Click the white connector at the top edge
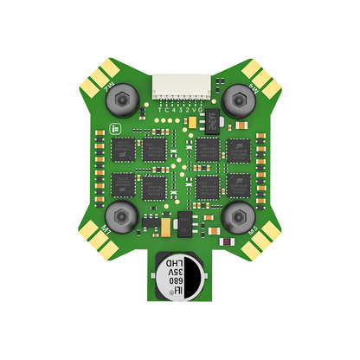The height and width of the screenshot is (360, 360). click(x=179, y=85)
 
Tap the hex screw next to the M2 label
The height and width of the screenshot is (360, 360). click(x=123, y=100)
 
